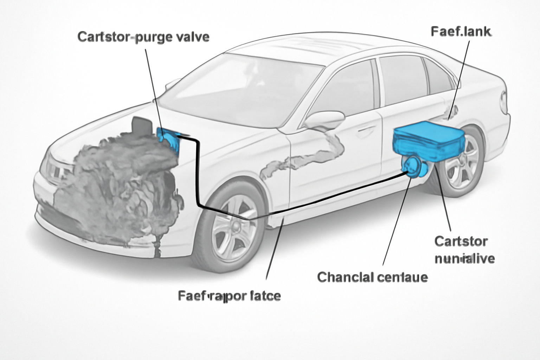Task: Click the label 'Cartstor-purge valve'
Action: click(143, 37)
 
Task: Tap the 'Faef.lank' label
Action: click(461, 32)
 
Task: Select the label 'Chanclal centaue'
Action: click(372, 277)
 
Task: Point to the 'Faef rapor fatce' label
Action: click(229, 296)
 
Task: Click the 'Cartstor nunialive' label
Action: click(464, 250)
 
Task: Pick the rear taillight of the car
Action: click(505, 102)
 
